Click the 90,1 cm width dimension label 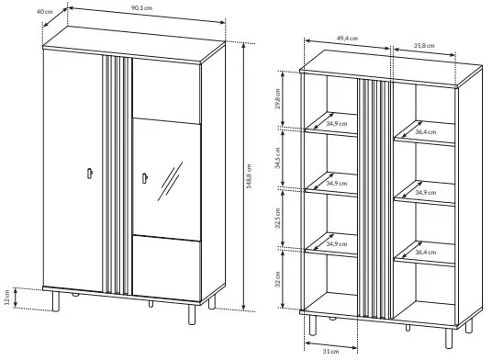point(141,8)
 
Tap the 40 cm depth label point(45,12)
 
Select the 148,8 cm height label point(249,176)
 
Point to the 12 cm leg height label point(7,298)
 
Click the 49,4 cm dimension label point(347,39)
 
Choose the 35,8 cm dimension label point(424,46)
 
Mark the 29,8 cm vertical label point(278,99)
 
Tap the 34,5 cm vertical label point(278,159)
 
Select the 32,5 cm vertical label point(278,219)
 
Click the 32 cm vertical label point(278,279)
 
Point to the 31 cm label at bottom point(331,352)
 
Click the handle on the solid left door point(90,174)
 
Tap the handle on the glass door point(145,178)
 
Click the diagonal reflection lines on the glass point(170,181)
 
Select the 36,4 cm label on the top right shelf point(426,132)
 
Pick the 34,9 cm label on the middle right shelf point(426,192)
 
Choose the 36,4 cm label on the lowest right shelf point(426,253)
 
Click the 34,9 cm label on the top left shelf point(337,124)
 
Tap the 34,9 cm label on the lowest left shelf point(337,244)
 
